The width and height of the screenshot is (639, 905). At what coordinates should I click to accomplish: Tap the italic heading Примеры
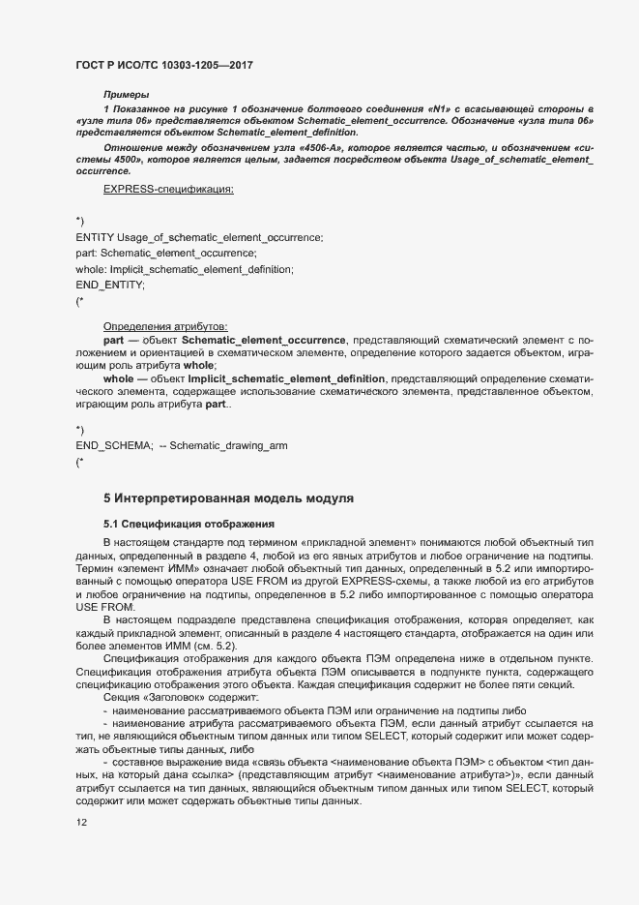point(126,95)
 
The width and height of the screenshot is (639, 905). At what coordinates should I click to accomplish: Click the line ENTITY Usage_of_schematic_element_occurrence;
point(199,237)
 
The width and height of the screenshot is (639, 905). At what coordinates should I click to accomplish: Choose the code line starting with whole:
point(185,268)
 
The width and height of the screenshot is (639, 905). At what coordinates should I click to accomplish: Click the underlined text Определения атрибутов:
point(165,326)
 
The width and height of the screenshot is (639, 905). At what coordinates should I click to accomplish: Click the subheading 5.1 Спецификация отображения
point(183,524)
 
